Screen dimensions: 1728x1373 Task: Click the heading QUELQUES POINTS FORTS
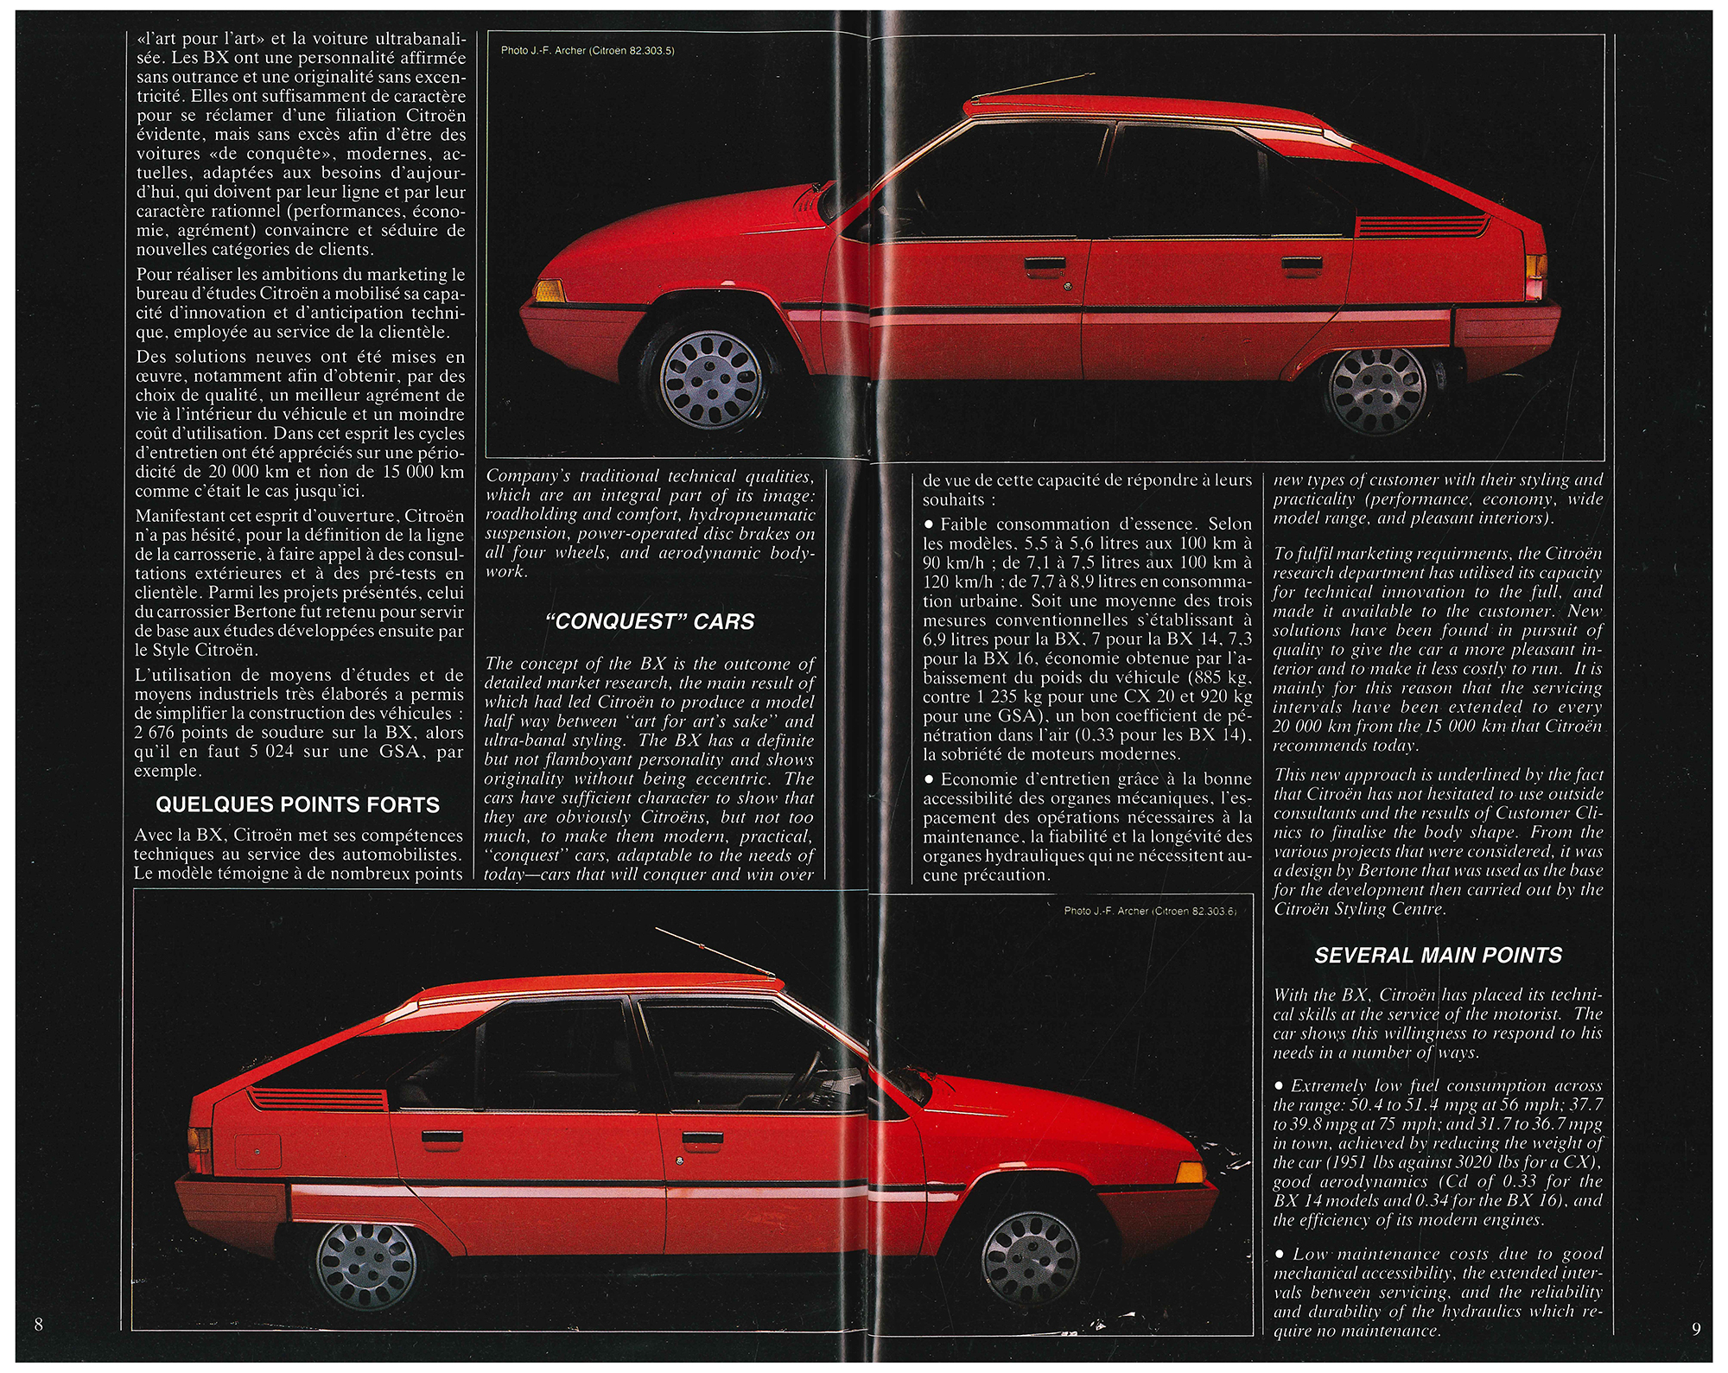click(x=297, y=804)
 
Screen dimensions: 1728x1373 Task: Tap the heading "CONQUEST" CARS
click(x=650, y=621)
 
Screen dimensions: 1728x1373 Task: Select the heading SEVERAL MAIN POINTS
click(x=1439, y=955)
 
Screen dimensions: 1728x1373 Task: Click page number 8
click(x=39, y=1324)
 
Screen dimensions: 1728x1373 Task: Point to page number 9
click(x=1696, y=1328)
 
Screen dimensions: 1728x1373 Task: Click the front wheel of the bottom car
click(x=1032, y=1257)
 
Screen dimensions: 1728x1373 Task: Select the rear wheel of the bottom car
click(x=366, y=1265)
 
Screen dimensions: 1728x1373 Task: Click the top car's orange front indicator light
click(x=549, y=290)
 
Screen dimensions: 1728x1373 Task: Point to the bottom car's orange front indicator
click(x=1191, y=1172)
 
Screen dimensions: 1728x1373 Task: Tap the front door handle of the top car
click(x=1045, y=263)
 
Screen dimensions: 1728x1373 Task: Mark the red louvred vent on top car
click(x=1421, y=226)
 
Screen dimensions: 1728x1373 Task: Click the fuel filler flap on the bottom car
click(x=257, y=1151)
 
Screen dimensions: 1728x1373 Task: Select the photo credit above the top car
click(x=588, y=50)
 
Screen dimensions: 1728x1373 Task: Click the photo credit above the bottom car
click(x=1150, y=911)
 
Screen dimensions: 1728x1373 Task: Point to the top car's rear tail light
click(x=1536, y=276)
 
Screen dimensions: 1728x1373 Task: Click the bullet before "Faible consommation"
click(x=929, y=524)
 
